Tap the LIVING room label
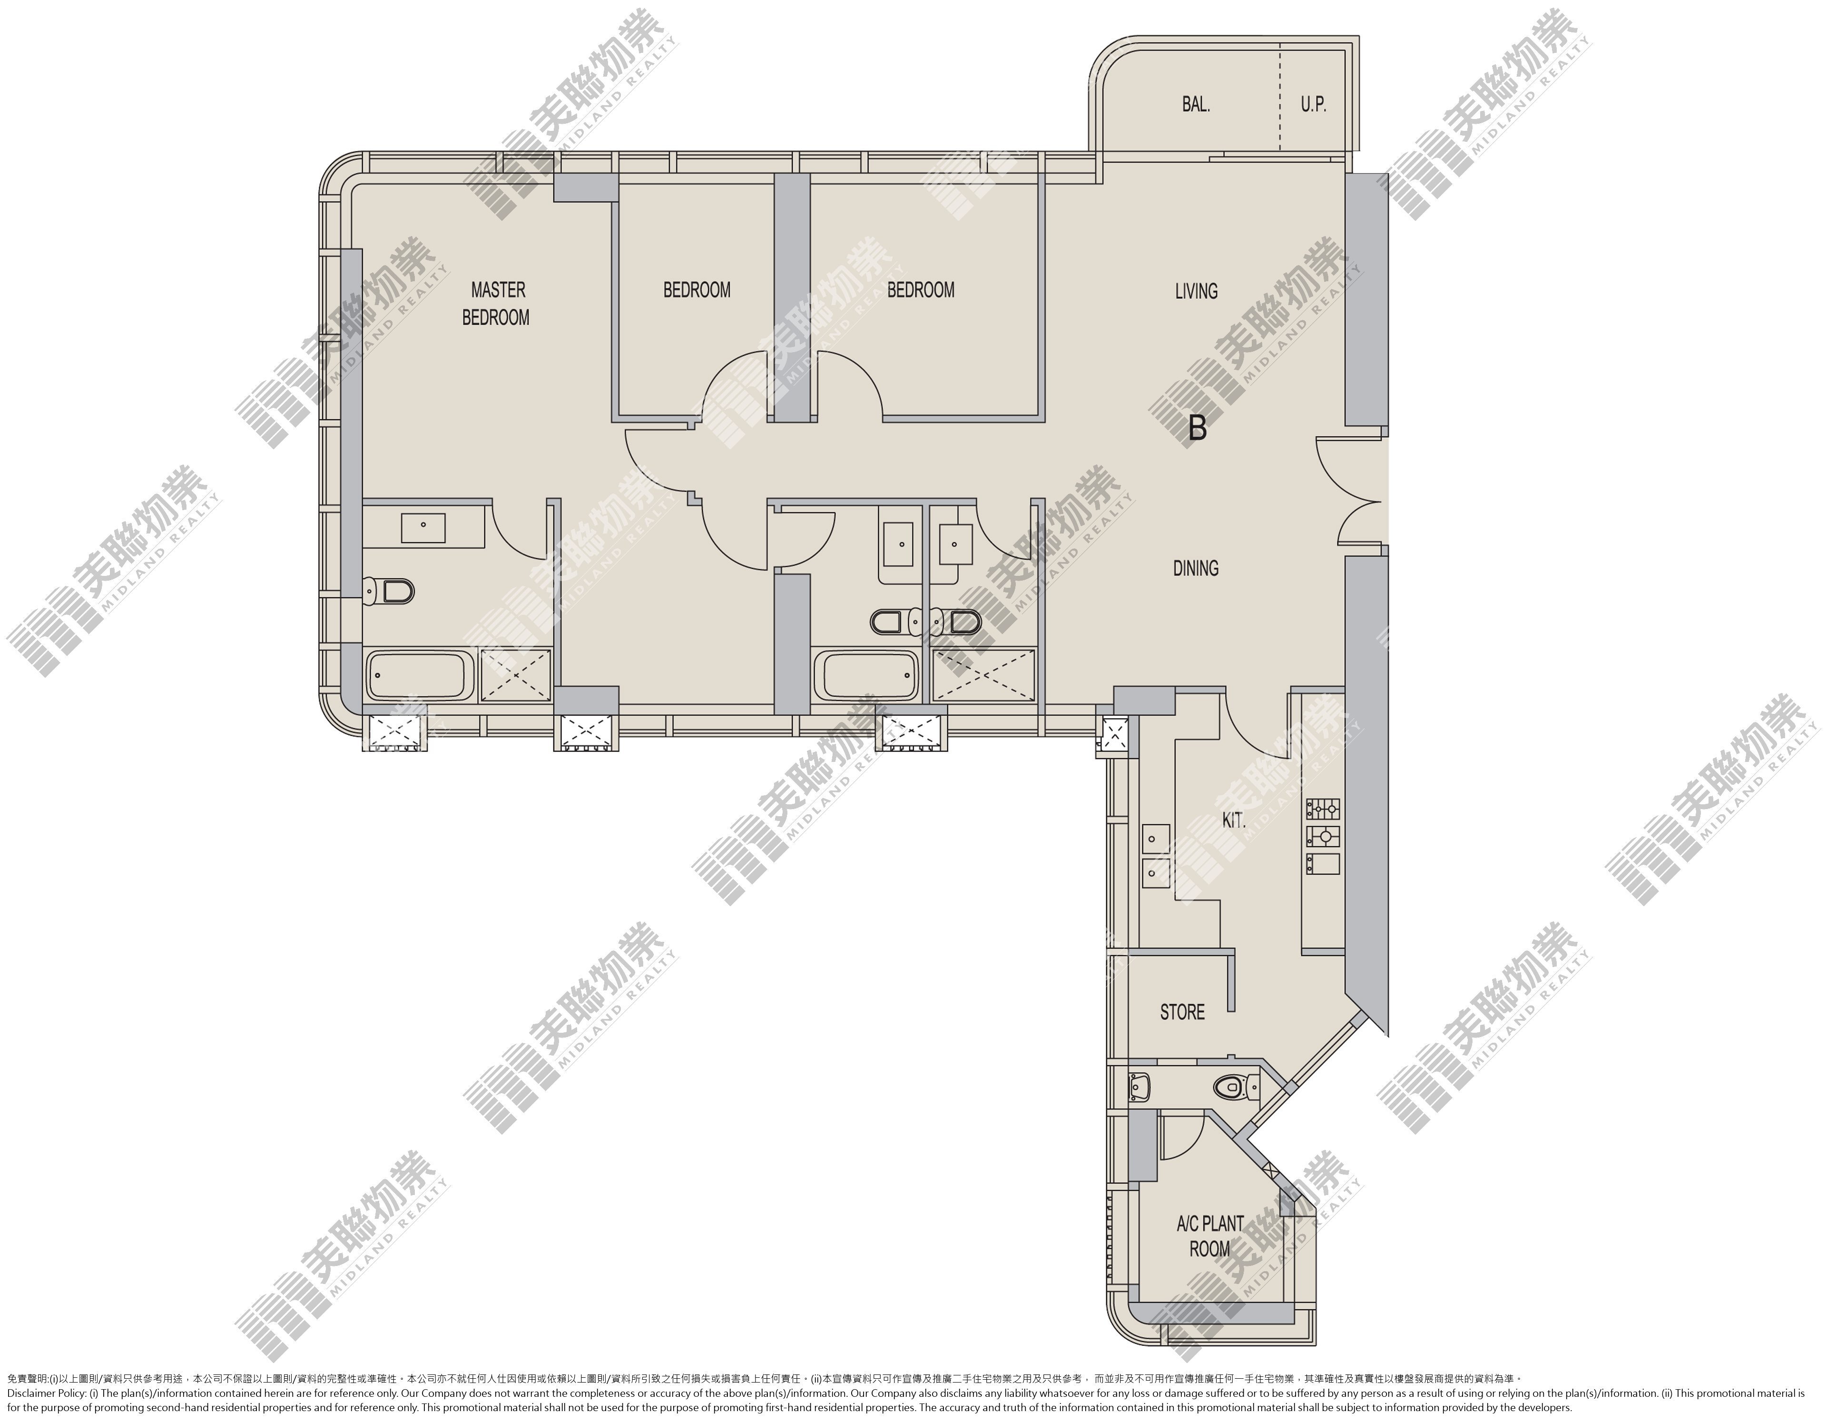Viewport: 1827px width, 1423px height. point(1196,291)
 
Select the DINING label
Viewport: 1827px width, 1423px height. point(1196,568)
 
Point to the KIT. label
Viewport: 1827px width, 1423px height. point(1234,820)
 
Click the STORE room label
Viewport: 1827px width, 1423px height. point(1182,1012)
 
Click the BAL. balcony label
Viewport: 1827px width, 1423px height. point(1196,105)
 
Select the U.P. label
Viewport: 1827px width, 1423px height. point(1313,105)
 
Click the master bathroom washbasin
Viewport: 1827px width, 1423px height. point(423,528)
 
